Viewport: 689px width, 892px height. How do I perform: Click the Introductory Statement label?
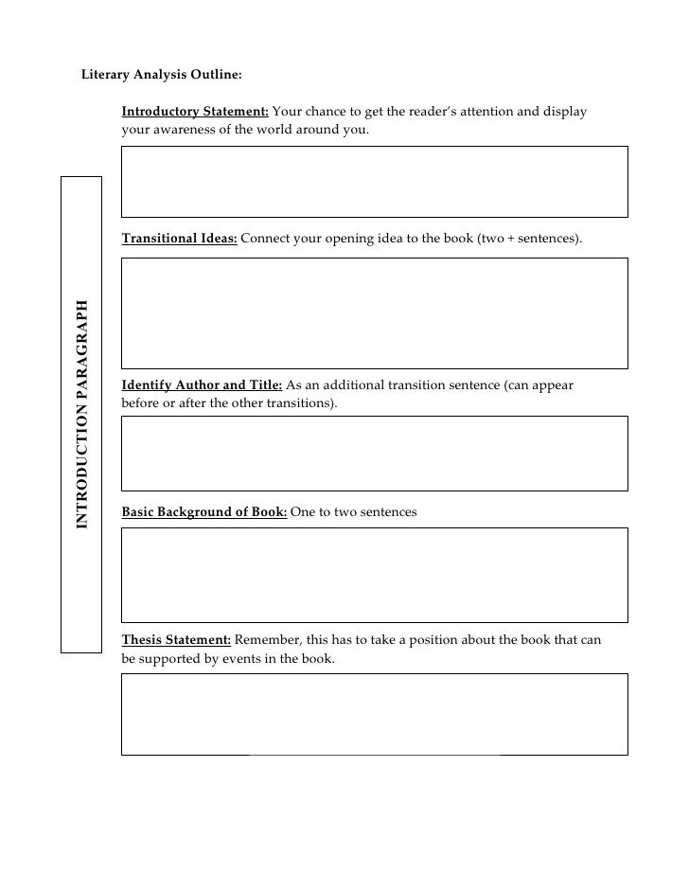click(195, 112)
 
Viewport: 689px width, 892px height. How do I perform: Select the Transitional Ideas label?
click(180, 239)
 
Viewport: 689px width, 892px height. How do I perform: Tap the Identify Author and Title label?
click(202, 385)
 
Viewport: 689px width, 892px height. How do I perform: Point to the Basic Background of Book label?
click(204, 512)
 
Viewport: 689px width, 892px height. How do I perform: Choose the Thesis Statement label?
click(176, 640)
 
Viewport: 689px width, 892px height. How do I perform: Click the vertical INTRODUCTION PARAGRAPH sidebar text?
click(82, 415)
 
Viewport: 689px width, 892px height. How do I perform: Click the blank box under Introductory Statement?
click(374, 182)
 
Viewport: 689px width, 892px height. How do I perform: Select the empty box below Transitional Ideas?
click(374, 313)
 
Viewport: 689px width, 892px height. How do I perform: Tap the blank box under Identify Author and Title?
click(374, 454)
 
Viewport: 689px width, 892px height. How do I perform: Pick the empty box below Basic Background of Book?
click(374, 575)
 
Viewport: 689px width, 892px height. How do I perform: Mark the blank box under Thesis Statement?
click(374, 714)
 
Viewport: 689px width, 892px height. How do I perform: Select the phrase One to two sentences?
click(353, 512)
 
